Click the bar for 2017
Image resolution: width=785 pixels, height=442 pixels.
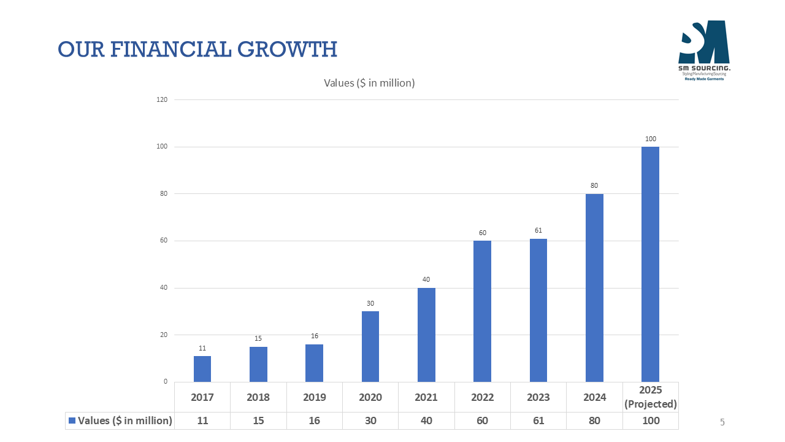[x=202, y=369]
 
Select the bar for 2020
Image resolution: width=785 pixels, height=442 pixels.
[x=370, y=346]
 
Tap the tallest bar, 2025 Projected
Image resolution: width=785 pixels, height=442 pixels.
[x=650, y=264]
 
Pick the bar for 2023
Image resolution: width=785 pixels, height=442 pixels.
[x=538, y=310]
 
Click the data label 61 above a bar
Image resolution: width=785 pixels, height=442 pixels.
[x=538, y=230]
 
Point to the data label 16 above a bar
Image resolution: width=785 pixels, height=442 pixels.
[x=314, y=336]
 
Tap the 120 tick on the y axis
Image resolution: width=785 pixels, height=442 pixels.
[x=163, y=99]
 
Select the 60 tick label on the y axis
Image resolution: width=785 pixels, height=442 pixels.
[x=164, y=241]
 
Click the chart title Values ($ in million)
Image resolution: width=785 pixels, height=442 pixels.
[x=369, y=83]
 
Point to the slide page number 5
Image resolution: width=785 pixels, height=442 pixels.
[x=722, y=422]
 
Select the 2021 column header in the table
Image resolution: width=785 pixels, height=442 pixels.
[x=426, y=397]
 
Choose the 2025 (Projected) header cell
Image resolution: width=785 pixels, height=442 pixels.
[x=650, y=397]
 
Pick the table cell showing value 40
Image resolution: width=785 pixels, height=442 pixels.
[x=426, y=421]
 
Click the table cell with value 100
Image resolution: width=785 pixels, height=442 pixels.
[x=650, y=421]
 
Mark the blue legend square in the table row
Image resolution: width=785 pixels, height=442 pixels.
[x=72, y=421]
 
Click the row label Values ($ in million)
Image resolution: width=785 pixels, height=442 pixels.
[x=125, y=421]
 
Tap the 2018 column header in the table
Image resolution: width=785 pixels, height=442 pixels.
[x=258, y=397]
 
